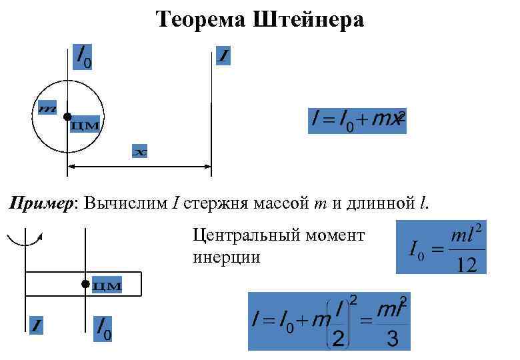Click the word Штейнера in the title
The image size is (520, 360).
click(x=308, y=19)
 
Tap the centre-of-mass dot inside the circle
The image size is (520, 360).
click(x=67, y=117)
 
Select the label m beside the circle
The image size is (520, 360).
click(x=47, y=107)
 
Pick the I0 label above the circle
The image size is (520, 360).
click(x=83, y=58)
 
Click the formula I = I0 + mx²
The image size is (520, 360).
click(x=357, y=121)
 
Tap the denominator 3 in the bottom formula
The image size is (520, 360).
click(x=393, y=339)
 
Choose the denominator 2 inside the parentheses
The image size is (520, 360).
click(x=339, y=339)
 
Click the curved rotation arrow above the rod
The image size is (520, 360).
click(x=25, y=239)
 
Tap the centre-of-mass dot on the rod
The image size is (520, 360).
click(x=85, y=284)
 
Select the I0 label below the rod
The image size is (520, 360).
click(x=103, y=327)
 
